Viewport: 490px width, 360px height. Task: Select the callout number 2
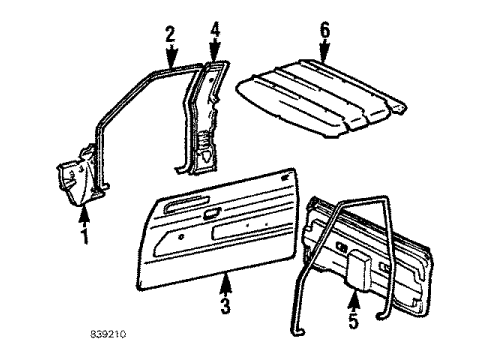pos(170,35)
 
